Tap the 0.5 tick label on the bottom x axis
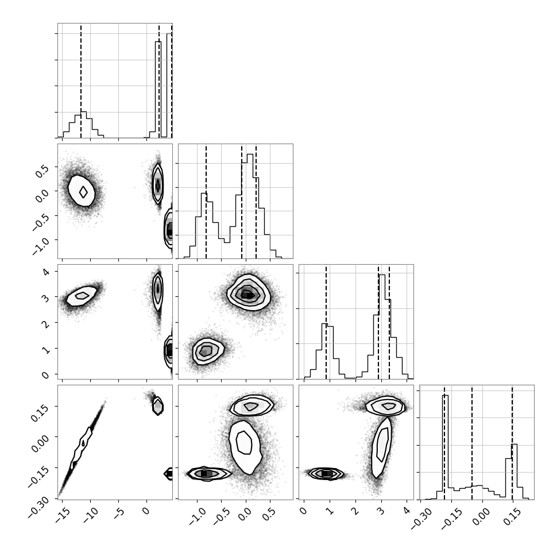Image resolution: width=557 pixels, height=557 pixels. point(269,514)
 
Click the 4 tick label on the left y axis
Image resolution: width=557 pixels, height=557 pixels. point(45,272)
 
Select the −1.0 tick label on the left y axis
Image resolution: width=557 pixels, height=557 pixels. point(40,245)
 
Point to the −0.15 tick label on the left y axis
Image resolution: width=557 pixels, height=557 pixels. point(37,475)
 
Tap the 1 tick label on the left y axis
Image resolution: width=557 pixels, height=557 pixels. point(45,350)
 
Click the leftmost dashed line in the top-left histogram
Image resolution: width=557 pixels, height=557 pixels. point(81,80)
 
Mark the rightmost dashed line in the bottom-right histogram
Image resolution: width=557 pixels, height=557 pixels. point(512,442)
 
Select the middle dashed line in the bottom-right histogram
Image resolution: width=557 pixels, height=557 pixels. point(472,442)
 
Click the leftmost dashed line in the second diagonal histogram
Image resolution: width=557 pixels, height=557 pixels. point(206,201)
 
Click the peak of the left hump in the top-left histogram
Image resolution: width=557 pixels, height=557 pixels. point(84,112)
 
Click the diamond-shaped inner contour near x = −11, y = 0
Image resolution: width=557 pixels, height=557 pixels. point(83,192)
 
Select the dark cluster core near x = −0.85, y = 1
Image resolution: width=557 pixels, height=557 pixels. point(206,351)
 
